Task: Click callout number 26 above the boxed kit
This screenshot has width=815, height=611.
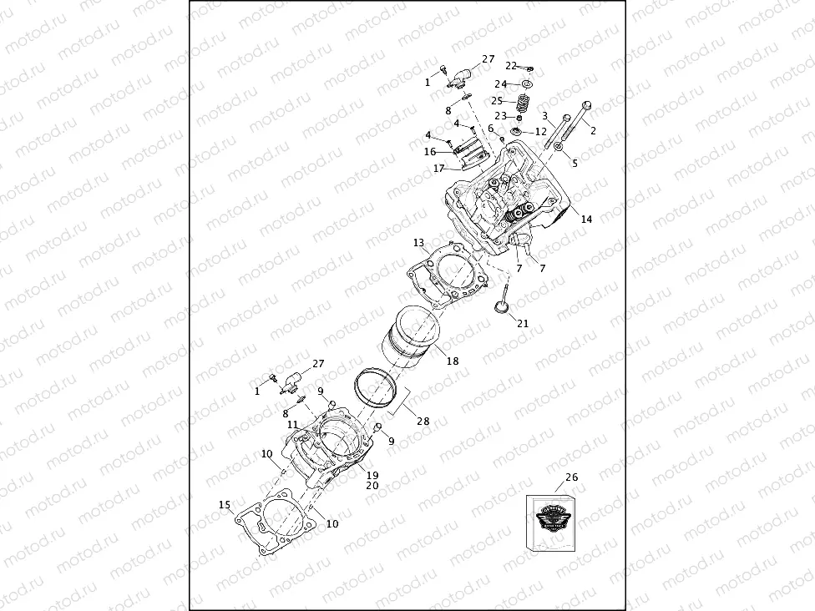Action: tap(571, 477)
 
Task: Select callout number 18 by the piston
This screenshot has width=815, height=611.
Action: tap(453, 361)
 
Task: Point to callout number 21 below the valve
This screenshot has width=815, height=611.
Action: tap(523, 324)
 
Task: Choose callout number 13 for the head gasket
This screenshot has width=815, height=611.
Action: tap(419, 243)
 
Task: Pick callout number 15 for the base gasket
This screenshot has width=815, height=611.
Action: tap(224, 505)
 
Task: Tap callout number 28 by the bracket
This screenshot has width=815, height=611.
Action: tap(423, 422)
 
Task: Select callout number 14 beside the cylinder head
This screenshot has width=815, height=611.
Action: tap(586, 220)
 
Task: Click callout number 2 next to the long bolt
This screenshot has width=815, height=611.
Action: tap(594, 131)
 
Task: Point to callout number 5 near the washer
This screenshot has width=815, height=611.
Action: tap(575, 163)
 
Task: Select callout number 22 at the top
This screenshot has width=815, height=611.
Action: tap(511, 65)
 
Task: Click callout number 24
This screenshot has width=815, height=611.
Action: tap(500, 84)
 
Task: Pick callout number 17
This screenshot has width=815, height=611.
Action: tap(439, 169)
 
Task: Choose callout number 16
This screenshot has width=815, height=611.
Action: tap(430, 152)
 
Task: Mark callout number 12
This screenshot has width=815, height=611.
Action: tap(540, 132)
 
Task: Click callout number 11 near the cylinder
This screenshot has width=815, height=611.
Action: tap(293, 425)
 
